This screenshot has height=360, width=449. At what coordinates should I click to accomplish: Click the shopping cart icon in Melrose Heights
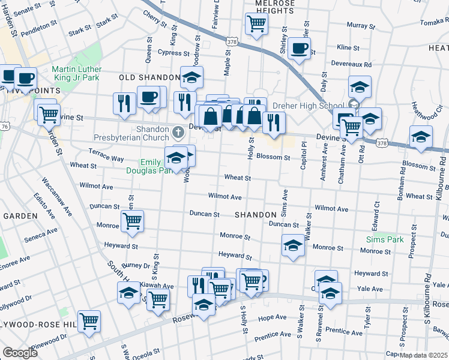[256, 24]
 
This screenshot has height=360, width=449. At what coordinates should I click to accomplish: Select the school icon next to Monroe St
[292, 245]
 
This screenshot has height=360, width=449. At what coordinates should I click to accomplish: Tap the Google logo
[20, 352]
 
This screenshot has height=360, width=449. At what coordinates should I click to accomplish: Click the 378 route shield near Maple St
[234, 41]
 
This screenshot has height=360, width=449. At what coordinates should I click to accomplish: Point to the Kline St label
[348, 47]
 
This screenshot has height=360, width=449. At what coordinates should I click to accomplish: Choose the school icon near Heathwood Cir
[421, 137]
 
